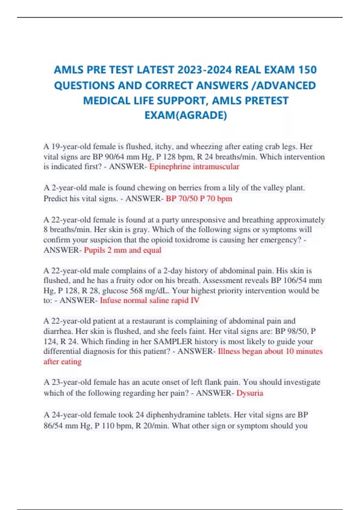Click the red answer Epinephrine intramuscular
pos(194,166)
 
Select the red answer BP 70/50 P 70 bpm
pos(199,199)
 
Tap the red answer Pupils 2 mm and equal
pos(122,250)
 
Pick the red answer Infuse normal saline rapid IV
pos(149,300)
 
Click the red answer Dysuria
pos(250,393)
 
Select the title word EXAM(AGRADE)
pos(186,115)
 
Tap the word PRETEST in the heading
pos(267,100)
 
